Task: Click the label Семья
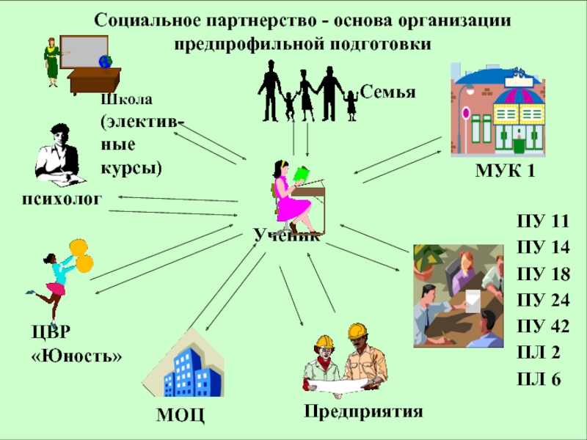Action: point(388,92)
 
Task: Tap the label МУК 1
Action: point(505,171)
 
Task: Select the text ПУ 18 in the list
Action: point(543,274)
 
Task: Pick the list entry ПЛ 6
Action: point(539,379)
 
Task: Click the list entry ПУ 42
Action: point(543,326)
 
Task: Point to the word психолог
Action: point(62,199)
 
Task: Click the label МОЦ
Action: point(181,414)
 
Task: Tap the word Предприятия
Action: point(363,411)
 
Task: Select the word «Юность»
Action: point(77,356)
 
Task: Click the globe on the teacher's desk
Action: point(106,62)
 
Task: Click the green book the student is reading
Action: point(302,175)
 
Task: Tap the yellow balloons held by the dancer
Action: point(81,256)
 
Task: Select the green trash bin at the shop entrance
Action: point(519,145)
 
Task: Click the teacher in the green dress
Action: point(53,62)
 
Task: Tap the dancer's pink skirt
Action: point(56,289)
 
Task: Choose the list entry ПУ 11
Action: point(543,221)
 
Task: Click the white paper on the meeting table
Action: point(473,301)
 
